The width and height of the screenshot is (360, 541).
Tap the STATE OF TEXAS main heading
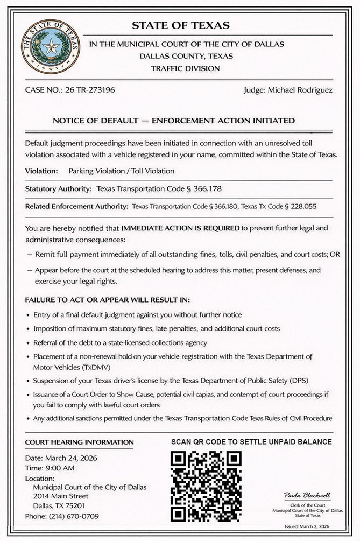pyautogui.click(x=180, y=25)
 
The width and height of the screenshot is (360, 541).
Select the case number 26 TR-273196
pyautogui.click(x=84, y=89)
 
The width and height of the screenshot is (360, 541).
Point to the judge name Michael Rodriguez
pyautogui.click(x=309, y=89)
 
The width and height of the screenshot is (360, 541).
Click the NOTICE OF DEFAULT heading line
pyautogui.click(x=174, y=121)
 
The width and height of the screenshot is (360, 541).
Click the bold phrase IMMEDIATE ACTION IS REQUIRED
pyautogui.click(x=180, y=228)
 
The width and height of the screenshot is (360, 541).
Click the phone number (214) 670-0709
pyautogui.click(x=75, y=516)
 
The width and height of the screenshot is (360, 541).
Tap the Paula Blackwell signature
pyautogui.click(x=307, y=495)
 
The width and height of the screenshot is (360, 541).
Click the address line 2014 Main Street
pyautogui.click(x=61, y=496)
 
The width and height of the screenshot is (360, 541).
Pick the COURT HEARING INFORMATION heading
pyautogui.click(x=79, y=442)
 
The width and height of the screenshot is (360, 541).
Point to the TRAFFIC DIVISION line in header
pyautogui.click(x=185, y=68)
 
